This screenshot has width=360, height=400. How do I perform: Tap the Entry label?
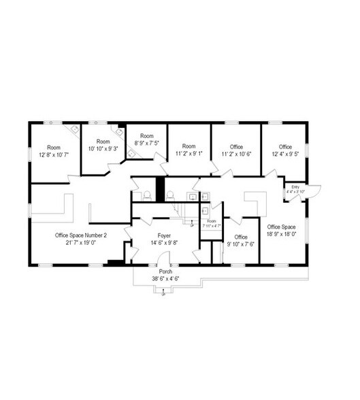click(x=295, y=187)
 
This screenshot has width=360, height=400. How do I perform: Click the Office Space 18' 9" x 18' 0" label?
click(x=281, y=227)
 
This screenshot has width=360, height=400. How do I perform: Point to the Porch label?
click(x=164, y=271)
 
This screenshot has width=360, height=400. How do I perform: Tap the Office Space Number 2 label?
click(x=80, y=235)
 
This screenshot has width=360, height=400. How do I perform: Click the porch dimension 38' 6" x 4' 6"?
click(x=164, y=278)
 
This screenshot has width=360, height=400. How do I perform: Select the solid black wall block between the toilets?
click(x=161, y=188)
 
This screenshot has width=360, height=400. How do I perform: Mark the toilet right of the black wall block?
click(x=171, y=195)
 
